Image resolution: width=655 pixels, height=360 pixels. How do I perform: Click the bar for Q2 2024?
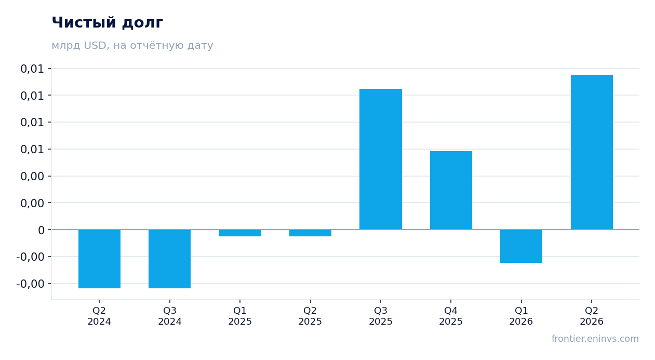(x=99, y=259)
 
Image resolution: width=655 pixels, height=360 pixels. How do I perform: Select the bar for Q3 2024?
(x=170, y=259)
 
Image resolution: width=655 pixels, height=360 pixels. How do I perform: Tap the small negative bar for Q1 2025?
(x=240, y=233)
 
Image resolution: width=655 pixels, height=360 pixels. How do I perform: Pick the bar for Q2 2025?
(x=310, y=233)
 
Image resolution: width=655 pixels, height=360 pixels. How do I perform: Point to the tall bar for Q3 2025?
(x=381, y=159)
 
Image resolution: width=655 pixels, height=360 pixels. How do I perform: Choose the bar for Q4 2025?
(x=451, y=190)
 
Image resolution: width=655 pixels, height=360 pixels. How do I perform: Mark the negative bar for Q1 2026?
(x=521, y=246)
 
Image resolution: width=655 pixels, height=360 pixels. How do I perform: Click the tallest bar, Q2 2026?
(x=592, y=152)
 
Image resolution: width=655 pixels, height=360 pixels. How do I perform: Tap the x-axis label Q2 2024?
(x=99, y=316)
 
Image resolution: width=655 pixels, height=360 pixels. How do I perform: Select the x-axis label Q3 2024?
(x=170, y=316)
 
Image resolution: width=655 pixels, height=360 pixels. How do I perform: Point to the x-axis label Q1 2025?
(x=240, y=316)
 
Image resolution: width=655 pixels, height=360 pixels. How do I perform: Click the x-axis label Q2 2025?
(x=310, y=316)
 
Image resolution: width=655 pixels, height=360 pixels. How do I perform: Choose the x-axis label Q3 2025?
(x=380, y=316)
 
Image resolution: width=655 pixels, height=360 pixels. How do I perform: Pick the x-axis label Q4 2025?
(x=451, y=316)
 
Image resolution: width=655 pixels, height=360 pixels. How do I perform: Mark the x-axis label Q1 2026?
(x=521, y=316)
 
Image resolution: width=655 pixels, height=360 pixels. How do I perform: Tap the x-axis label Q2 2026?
(x=592, y=316)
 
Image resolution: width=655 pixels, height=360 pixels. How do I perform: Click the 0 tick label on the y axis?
(x=41, y=230)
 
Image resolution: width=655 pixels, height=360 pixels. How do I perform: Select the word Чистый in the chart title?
(x=84, y=23)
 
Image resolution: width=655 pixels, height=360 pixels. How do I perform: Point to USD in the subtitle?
(x=95, y=45)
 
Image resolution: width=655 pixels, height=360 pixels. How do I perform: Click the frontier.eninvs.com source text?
(x=595, y=339)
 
